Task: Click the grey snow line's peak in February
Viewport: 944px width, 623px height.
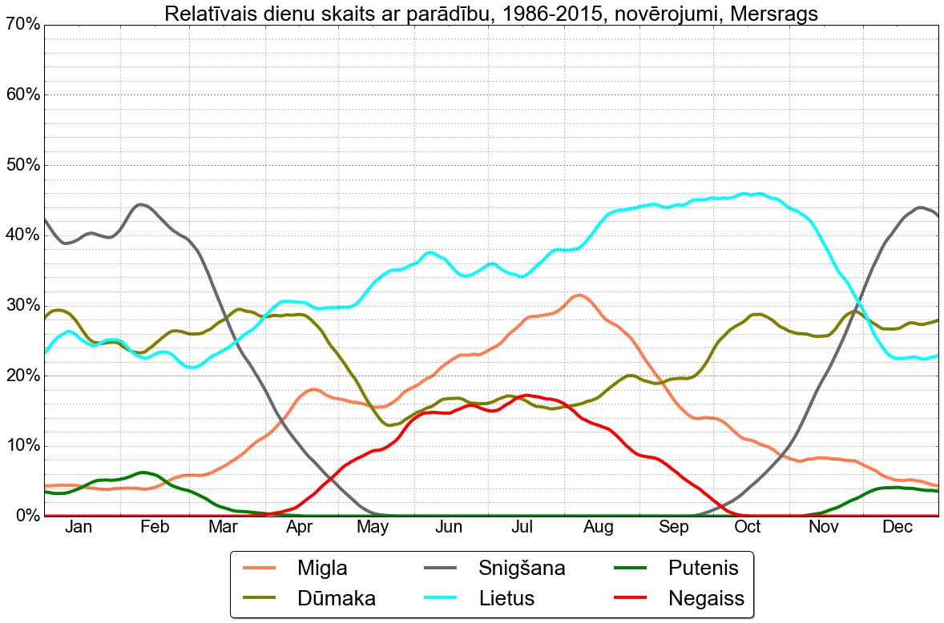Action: click(141, 204)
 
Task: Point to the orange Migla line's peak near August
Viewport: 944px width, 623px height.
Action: click(579, 295)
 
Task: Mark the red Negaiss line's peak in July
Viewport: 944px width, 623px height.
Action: click(526, 395)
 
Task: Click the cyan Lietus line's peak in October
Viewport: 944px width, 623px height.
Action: click(745, 194)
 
